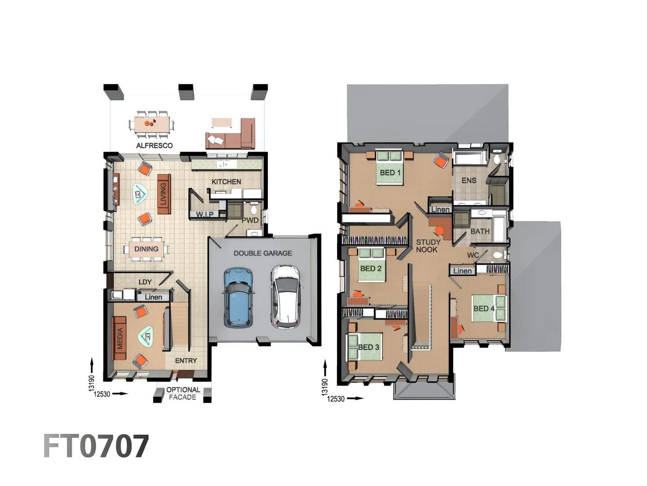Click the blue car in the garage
[x=239, y=297]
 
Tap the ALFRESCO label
[x=154, y=145]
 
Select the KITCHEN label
[x=226, y=182]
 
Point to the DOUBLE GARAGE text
[x=263, y=253]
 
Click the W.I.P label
[x=204, y=214]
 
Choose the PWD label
[x=250, y=220]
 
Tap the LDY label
[x=145, y=282]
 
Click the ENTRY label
[x=186, y=360]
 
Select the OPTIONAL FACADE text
[x=183, y=393]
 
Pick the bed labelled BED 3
[x=364, y=347]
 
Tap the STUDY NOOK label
[x=428, y=246]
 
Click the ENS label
[x=469, y=180]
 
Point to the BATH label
[x=480, y=231]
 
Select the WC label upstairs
[x=473, y=255]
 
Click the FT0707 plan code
[x=96, y=446]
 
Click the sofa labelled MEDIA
[x=119, y=338]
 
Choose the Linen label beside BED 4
[x=462, y=270]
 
